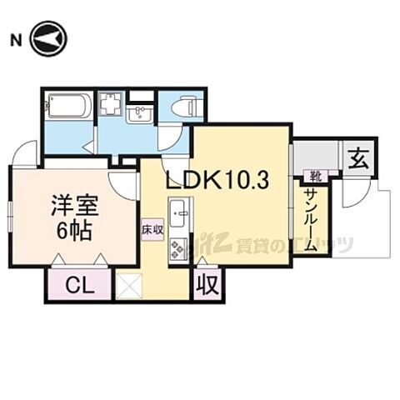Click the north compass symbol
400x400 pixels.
point(48,39)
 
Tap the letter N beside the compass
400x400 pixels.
point(15,39)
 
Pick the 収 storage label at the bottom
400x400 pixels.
point(207,285)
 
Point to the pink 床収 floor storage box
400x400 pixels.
point(152,227)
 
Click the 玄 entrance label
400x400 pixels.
point(358,157)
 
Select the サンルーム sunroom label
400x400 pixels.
point(309,219)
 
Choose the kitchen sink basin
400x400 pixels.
point(179,212)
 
